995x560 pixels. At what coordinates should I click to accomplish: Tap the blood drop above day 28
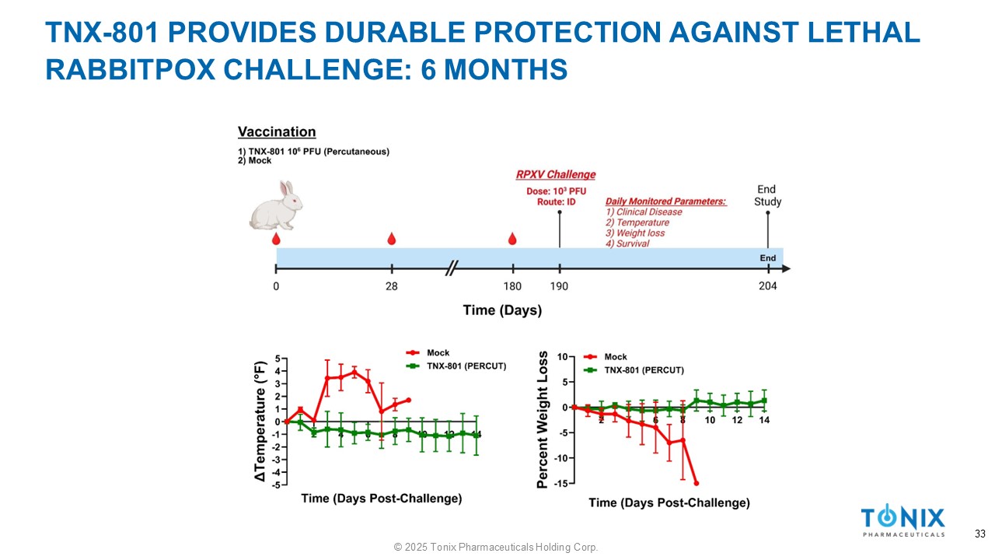coord(391,239)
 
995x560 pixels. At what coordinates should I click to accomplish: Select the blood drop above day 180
coord(511,239)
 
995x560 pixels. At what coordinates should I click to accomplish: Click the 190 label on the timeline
coord(559,286)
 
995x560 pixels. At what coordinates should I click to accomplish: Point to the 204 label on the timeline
coord(768,286)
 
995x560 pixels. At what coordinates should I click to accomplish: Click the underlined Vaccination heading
coord(277,132)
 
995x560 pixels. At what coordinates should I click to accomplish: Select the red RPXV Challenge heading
coord(556,174)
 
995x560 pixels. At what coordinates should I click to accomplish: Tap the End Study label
coord(767,195)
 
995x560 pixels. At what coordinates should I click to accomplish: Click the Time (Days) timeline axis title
coord(502,310)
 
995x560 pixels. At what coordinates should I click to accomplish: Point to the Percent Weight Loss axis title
coord(543,420)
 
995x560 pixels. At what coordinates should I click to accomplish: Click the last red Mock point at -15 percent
coord(696,483)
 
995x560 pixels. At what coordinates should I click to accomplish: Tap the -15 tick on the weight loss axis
coord(560,484)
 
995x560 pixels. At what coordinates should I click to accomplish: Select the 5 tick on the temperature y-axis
coord(278,359)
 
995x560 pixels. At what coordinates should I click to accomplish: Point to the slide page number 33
coord(979,534)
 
